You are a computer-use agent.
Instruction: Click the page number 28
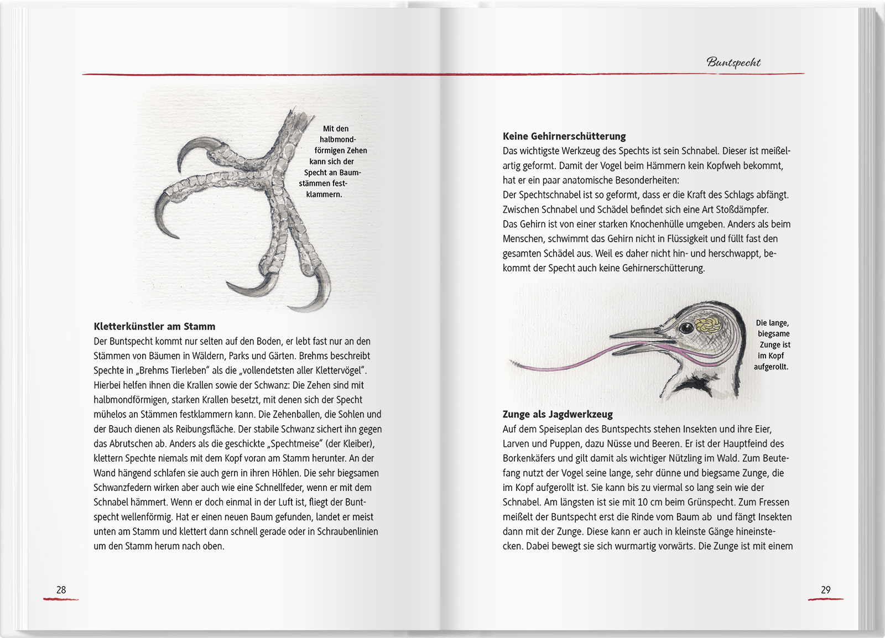[x=61, y=590]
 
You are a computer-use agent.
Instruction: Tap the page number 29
[x=825, y=590]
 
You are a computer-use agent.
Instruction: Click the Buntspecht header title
[x=733, y=62]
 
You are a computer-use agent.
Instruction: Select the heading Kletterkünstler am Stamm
[x=154, y=327]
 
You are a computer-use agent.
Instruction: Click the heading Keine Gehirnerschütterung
[x=564, y=136]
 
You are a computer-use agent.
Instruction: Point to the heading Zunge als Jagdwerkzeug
[x=558, y=414]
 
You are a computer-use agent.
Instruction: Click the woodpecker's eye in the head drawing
[x=686, y=328]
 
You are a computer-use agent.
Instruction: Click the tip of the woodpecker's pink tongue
[x=512, y=362]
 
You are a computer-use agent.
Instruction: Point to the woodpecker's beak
[x=636, y=333]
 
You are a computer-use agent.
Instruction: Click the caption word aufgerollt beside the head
[x=771, y=367]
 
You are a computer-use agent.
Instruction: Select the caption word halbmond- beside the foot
[x=337, y=139]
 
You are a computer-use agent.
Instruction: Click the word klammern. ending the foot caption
[x=324, y=195]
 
